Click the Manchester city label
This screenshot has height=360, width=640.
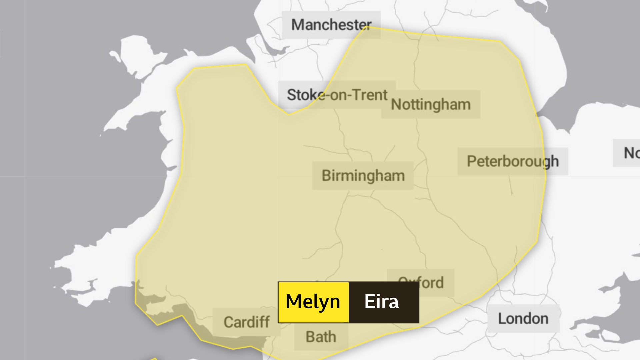[331, 25]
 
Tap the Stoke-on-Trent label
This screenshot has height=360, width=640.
[337, 95]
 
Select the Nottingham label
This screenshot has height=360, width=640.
[431, 104]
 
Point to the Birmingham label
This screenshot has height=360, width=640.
[363, 176]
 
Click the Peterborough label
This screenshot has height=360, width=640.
[512, 161]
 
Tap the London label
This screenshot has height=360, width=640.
[523, 318]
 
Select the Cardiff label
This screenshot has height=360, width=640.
[246, 322]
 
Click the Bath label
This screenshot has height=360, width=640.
[321, 337]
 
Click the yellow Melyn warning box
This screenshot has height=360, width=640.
[313, 302]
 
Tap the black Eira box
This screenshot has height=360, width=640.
[383, 302]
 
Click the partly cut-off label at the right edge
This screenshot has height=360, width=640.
[630, 153]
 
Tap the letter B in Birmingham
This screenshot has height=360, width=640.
[326, 176]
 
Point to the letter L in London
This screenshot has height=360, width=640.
[502, 318]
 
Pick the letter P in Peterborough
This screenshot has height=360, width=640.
[471, 161]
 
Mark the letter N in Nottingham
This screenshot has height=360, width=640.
[396, 104]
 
